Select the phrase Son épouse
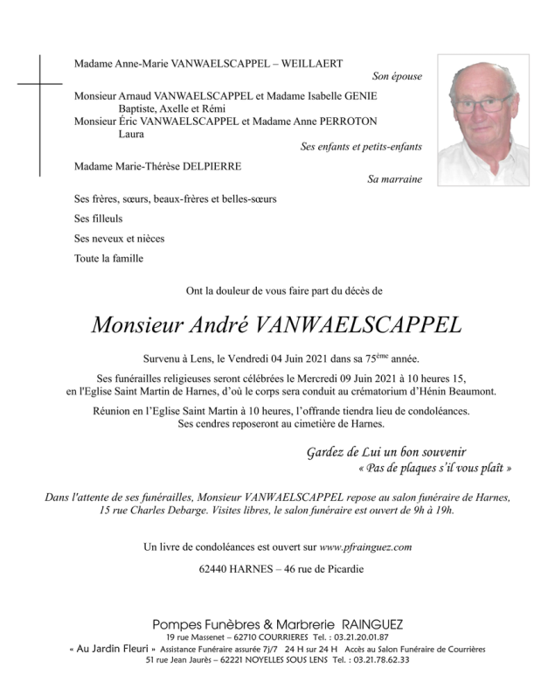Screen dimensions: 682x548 (397, 77)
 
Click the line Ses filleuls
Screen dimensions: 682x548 (98, 219)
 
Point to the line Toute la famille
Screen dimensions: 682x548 (109, 258)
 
